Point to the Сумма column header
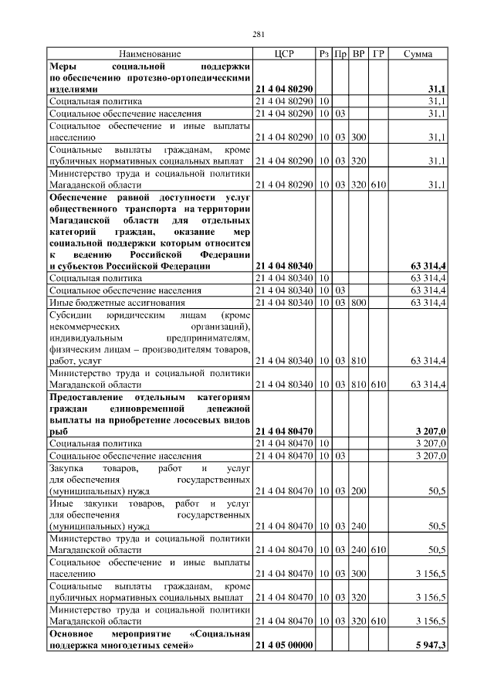click(x=418, y=54)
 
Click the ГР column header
click(x=378, y=54)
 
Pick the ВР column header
click(x=358, y=54)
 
